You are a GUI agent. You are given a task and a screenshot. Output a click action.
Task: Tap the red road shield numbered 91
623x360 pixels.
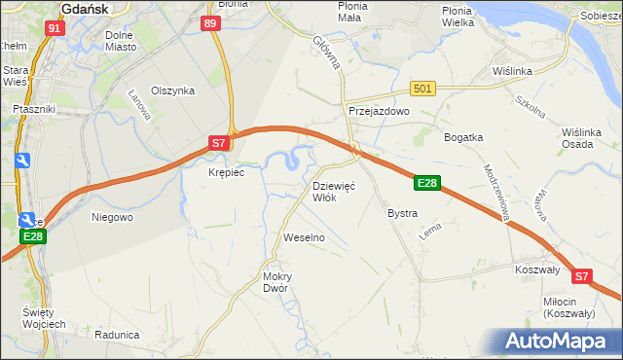[55, 28]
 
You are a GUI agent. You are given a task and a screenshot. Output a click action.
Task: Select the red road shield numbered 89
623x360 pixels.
[211, 23]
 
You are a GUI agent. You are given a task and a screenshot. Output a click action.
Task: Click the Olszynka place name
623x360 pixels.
[173, 90]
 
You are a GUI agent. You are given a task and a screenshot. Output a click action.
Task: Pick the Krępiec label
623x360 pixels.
[226, 172]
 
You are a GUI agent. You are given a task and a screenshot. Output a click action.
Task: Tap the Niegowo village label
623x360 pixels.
[112, 217]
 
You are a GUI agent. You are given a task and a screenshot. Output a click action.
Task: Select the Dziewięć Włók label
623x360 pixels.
[334, 191]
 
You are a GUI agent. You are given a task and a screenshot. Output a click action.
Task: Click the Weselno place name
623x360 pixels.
[303, 237]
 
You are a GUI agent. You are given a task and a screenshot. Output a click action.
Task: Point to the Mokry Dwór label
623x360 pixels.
[277, 282]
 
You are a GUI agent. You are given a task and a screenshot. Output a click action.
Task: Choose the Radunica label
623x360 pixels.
[117, 334]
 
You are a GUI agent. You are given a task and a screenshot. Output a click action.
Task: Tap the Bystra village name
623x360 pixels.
[402, 213]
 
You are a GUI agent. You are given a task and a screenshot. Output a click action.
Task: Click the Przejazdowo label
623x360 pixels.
[380, 112]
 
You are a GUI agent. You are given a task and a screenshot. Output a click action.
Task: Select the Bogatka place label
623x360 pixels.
[463, 137]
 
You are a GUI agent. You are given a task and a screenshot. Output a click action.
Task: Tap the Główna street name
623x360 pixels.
[326, 53]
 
